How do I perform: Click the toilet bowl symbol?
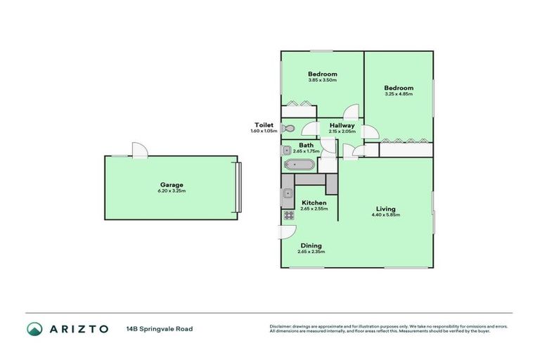coord(287,129)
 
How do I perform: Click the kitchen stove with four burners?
coord(288,216)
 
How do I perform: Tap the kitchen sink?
coord(288,195)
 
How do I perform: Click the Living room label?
coord(385,209)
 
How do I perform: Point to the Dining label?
coord(310,245)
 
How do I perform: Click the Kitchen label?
coord(314,202)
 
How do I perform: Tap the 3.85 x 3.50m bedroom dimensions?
coord(322,80)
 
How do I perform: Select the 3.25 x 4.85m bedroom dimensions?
coord(399,94)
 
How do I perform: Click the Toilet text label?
coord(264,125)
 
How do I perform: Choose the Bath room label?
coord(306,145)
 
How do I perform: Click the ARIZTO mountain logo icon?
coord(34,328)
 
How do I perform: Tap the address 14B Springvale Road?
coord(160,328)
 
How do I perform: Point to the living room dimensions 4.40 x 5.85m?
coord(385,215)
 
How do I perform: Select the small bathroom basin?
coord(287,150)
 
